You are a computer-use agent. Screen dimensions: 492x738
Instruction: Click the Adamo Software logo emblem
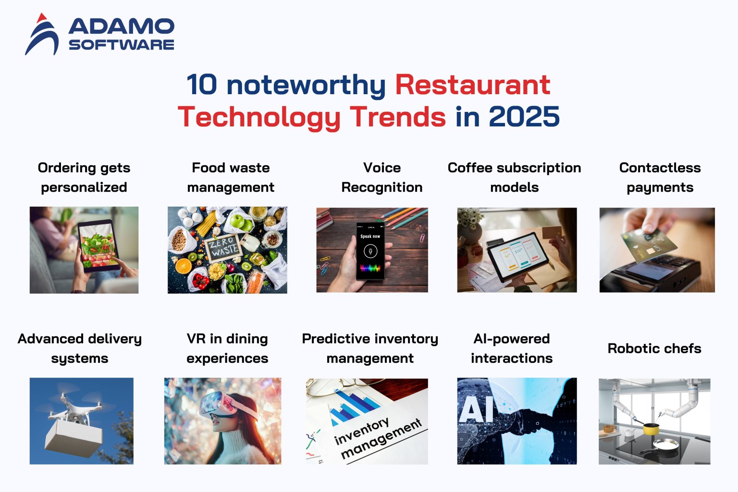pyautogui.click(x=42, y=35)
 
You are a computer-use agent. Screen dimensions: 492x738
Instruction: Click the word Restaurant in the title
pyautogui.click(x=472, y=85)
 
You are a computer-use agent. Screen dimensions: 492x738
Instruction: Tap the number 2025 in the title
pyautogui.click(x=524, y=117)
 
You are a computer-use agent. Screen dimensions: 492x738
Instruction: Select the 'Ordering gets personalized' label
pyautogui.click(x=84, y=177)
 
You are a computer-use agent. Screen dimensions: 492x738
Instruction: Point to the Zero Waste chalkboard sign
pyautogui.click(x=223, y=246)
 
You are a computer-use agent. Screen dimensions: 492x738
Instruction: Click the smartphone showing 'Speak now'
pyautogui.click(x=370, y=250)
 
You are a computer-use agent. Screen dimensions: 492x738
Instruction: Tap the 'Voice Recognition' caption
pyautogui.click(x=382, y=177)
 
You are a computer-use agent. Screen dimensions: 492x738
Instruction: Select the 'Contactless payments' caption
pyautogui.click(x=660, y=177)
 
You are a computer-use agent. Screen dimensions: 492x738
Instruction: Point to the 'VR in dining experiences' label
pyautogui.click(x=227, y=348)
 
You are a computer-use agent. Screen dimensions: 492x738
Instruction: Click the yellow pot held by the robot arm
pyautogui.click(x=651, y=428)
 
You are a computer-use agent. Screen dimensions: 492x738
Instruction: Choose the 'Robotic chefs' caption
pyautogui.click(x=654, y=348)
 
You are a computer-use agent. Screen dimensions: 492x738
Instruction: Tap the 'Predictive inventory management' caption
pyautogui.click(x=370, y=348)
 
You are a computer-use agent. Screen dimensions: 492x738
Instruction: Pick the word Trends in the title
pyautogui.click(x=398, y=117)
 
